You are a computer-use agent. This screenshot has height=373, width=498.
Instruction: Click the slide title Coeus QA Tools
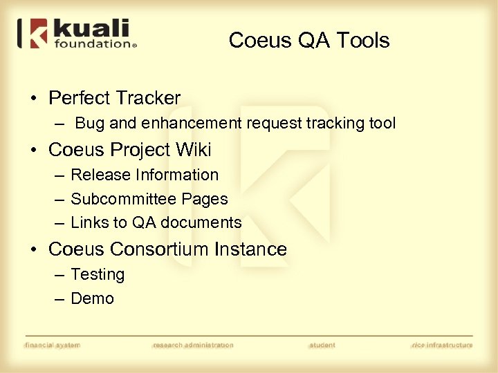click(309, 40)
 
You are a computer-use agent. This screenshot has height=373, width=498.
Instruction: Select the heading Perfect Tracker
click(114, 98)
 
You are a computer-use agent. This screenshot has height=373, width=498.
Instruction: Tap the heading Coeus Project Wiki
click(129, 150)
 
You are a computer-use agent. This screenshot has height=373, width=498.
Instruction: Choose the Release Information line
click(145, 175)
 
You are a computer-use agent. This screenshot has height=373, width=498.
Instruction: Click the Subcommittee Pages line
click(149, 199)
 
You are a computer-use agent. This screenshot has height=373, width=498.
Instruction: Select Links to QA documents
click(156, 222)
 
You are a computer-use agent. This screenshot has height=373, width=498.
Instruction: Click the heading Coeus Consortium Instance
click(167, 249)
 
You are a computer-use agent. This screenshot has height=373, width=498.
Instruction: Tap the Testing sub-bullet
click(98, 274)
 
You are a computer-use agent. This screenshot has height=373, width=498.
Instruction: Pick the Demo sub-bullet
click(92, 298)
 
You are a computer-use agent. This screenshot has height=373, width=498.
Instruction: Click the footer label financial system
click(53, 345)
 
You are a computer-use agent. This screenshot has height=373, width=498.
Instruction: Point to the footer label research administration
click(193, 345)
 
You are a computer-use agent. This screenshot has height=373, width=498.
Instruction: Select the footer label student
click(322, 345)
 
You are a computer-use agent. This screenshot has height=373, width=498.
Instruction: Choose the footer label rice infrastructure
click(442, 345)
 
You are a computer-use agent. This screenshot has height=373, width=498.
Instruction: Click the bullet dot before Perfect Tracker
click(34, 99)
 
